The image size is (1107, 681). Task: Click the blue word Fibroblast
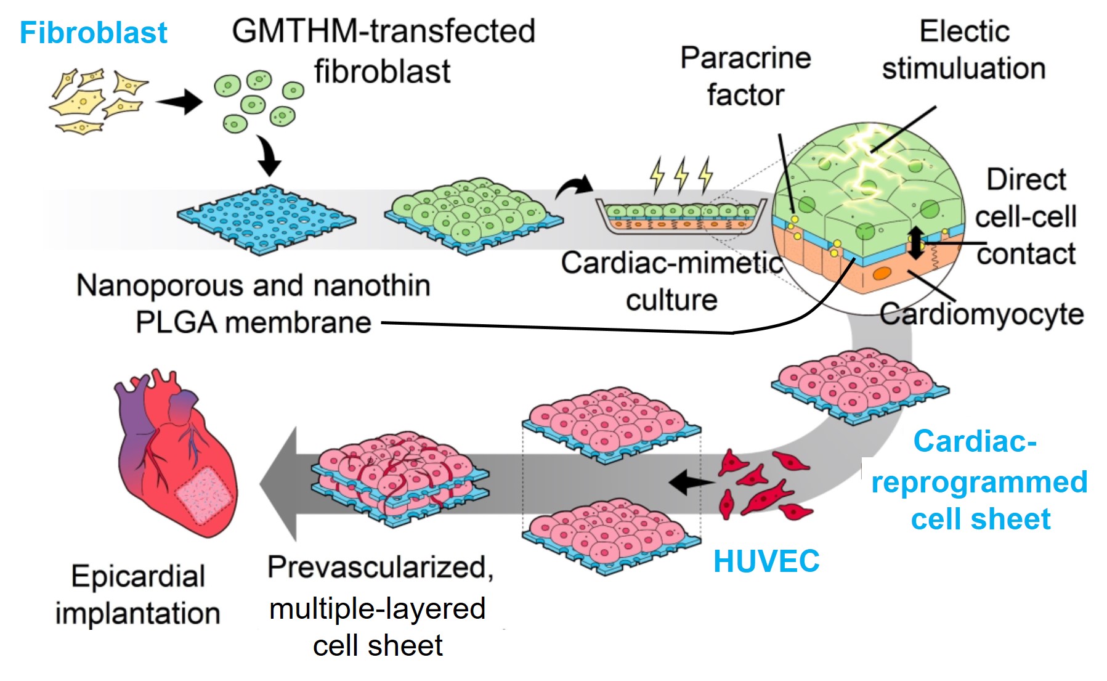click(93, 33)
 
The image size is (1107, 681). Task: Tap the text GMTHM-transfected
click(383, 31)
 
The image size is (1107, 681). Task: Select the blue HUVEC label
click(766, 561)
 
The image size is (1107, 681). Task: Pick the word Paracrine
click(745, 59)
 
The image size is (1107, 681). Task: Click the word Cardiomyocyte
click(981, 314)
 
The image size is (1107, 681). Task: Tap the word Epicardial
click(138, 577)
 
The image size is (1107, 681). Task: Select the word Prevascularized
click(380, 567)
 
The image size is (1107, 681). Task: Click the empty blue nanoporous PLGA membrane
click(266, 219)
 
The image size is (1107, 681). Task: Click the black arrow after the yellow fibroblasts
click(179, 102)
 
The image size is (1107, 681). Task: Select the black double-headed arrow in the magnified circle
click(915, 242)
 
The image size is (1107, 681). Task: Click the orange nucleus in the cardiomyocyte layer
click(883, 273)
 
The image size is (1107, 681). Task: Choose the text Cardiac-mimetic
click(671, 263)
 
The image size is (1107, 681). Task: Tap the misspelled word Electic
click(964, 31)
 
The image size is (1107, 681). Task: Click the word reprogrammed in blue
click(979, 482)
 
